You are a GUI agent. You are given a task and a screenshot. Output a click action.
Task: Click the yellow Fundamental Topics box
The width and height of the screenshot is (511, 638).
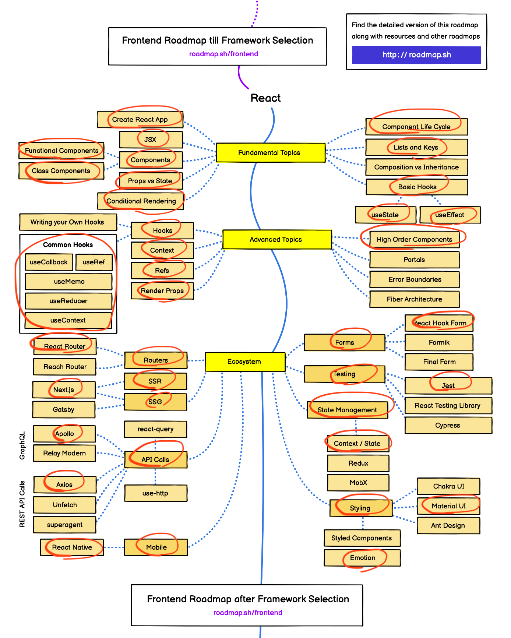pyautogui.click(x=270, y=153)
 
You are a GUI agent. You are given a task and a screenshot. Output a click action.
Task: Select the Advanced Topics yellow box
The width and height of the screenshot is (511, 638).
pyautogui.click(x=276, y=240)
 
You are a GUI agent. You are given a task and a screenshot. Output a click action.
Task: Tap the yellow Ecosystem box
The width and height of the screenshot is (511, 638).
pyautogui.click(x=244, y=362)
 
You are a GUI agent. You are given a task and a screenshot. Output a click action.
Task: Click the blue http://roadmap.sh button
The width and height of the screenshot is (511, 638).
pyautogui.click(x=416, y=55)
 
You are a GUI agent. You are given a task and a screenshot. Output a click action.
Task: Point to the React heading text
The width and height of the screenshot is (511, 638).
pyautogui.click(x=265, y=98)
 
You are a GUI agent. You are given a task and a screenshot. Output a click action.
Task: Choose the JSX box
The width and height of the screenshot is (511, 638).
pyautogui.click(x=151, y=140)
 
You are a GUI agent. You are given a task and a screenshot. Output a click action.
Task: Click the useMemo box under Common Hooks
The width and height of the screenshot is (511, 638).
pyautogui.click(x=69, y=282)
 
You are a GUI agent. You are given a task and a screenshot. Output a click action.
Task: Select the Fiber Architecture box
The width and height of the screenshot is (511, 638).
pyautogui.click(x=414, y=299)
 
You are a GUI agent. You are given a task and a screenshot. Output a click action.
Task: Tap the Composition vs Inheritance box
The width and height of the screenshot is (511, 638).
pyautogui.click(x=416, y=167)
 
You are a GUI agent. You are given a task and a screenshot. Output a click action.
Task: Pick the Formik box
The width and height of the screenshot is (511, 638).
pyautogui.click(x=439, y=342)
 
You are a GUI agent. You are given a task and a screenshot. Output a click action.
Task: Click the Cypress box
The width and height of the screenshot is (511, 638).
pyautogui.click(x=448, y=425)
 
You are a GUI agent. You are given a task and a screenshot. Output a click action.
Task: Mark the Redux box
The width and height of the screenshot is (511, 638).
pyautogui.click(x=358, y=463)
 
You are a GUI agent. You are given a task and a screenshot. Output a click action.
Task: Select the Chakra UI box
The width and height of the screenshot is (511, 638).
pyautogui.click(x=448, y=486)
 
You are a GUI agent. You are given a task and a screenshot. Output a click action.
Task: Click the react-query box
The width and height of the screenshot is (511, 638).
pyautogui.click(x=155, y=429)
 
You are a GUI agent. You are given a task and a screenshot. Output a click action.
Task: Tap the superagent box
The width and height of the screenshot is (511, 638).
pyautogui.click(x=64, y=525)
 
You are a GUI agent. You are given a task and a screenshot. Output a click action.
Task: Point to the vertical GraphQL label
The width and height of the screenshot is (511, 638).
pyautogui.click(x=22, y=445)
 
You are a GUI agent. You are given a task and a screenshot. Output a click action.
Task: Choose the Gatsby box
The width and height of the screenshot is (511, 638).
pyautogui.click(x=63, y=409)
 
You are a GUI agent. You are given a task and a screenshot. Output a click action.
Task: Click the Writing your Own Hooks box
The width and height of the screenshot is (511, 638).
pyautogui.click(x=67, y=222)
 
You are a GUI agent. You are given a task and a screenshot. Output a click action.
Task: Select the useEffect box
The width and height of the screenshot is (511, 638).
pyautogui.click(x=450, y=215)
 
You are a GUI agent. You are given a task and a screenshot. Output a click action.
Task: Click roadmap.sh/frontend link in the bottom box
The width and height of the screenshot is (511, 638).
pyautogui.click(x=248, y=613)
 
